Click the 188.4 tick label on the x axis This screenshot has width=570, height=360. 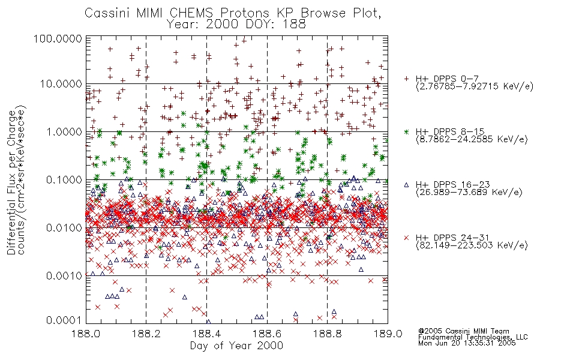(206, 334)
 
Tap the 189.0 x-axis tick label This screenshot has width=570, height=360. (388, 334)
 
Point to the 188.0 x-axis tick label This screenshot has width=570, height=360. (86, 334)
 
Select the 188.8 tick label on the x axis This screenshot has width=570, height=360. (327, 334)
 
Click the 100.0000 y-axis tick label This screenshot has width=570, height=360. (58, 38)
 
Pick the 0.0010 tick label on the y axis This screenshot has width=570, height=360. (64, 276)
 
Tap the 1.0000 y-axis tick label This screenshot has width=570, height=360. (64, 132)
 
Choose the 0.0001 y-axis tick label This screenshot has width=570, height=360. (64, 320)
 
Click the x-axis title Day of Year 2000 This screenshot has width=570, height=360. (236, 346)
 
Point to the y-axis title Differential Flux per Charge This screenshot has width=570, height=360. (11, 182)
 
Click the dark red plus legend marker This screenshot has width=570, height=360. (406, 79)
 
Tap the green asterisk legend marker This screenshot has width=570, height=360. (406, 131)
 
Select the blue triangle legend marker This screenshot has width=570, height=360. (406, 185)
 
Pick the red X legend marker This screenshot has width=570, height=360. (406, 238)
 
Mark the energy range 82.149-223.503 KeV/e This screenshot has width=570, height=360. (472, 245)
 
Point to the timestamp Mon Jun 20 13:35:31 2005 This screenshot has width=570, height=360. (467, 343)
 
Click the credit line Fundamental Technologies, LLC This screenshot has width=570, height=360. (473, 337)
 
